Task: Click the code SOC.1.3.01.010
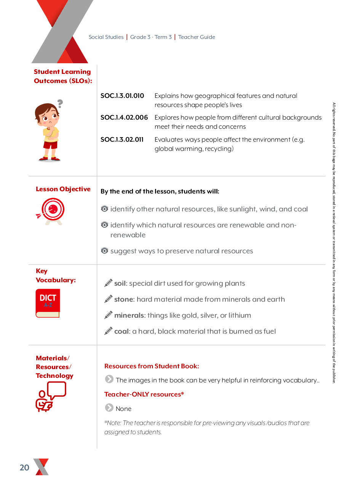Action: pos(122,96)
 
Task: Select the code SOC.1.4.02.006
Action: pos(124,118)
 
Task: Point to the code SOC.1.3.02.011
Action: pos(122,140)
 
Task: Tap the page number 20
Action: pos(24,468)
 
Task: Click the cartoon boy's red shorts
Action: pos(50,145)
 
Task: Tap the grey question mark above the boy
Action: pos(60,103)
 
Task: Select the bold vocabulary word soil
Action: pos(120,283)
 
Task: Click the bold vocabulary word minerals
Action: pos(129,315)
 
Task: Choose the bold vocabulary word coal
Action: pos(122,331)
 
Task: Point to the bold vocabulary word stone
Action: pos(124,299)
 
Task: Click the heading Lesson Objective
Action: pos(63,189)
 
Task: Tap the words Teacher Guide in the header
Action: pos(197,37)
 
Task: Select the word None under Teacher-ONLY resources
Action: pos(123,409)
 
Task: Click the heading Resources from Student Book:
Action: pos(152,366)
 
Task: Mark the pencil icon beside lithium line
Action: pos(108,315)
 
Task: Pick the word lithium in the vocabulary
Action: pos(240,315)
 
